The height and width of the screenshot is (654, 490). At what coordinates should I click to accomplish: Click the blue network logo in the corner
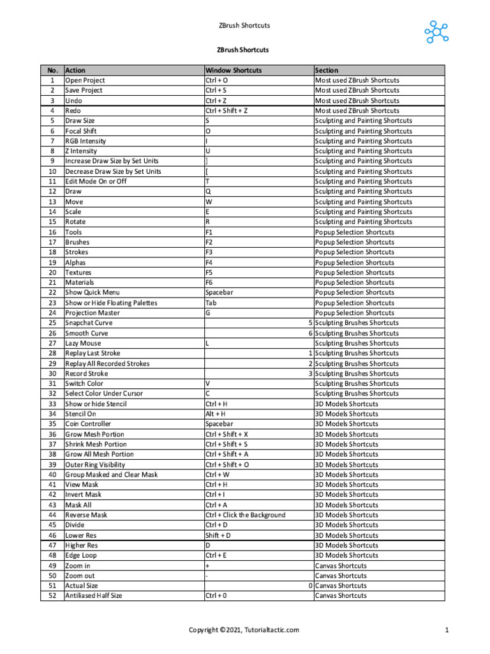(437, 32)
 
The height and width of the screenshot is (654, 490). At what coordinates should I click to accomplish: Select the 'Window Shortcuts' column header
(234, 70)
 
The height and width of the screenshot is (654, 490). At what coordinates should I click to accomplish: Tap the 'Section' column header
(327, 70)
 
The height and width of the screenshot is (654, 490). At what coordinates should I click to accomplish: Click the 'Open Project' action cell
(85, 80)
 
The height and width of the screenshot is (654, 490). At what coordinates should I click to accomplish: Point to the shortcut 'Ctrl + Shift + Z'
(226, 110)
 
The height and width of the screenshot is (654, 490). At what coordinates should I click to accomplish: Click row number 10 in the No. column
(52, 171)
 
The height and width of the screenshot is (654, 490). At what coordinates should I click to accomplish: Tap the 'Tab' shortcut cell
(211, 303)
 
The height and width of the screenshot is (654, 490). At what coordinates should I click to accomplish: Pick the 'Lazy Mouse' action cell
(83, 343)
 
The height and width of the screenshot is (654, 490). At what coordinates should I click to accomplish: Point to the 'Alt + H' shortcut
(215, 414)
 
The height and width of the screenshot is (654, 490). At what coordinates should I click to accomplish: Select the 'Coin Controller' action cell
(88, 424)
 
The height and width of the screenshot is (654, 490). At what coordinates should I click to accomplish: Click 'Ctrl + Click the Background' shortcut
(245, 515)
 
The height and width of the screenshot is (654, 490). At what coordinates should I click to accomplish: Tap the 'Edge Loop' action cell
(81, 556)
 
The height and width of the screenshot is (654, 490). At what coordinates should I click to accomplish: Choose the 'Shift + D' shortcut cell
(218, 535)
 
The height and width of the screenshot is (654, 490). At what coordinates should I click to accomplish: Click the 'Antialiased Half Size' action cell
(94, 596)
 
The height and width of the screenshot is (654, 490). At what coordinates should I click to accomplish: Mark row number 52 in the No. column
(52, 596)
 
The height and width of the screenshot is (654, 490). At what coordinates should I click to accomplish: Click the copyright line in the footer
(244, 630)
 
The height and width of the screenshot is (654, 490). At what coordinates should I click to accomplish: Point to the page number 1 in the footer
(447, 630)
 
